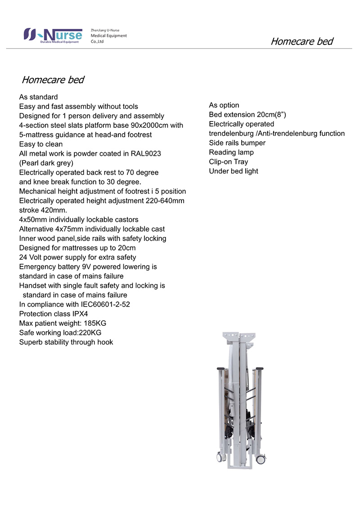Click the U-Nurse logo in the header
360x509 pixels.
click(x=53, y=35)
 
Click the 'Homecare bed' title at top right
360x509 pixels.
click(x=301, y=41)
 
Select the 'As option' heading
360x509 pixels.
click(x=224, y=105)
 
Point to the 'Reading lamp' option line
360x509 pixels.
click(x=231, y=153)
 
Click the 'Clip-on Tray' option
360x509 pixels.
click(x=228, y=162)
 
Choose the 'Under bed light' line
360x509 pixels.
click(x=234, y=171)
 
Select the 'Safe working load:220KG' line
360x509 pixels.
click(x=60, y=333)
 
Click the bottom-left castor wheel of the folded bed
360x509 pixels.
click(x=220, y=457)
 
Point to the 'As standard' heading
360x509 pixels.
click(x=38, y=97)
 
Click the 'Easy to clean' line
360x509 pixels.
click(x=41, y=144)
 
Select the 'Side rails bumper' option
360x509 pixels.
click(x=237, y=143)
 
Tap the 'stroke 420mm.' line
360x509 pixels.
click(x=43, y=210)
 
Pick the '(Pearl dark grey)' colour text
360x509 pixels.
click(x=46, y=163)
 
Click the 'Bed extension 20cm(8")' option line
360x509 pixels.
click(x=247, y=115)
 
